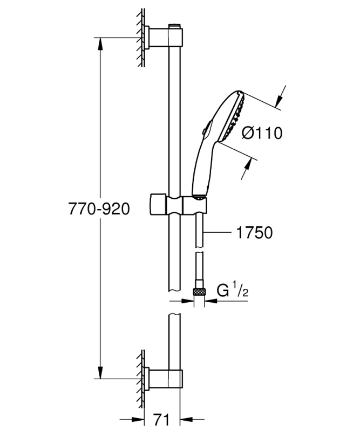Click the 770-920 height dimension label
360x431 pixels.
coord(99,209)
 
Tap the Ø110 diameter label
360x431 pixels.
coord(262,133)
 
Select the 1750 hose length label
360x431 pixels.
coord(254,233)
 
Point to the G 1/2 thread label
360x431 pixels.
coord(233,290)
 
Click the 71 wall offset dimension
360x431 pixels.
coord(161,420)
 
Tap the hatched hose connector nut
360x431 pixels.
coord(199,291)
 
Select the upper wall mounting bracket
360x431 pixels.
coord(164,38)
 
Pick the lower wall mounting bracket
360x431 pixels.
coord(164,379)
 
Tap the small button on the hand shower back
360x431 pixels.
coord(204,132)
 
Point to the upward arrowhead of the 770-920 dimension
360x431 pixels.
coord(100,44)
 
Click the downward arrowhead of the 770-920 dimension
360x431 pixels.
coord(100,373)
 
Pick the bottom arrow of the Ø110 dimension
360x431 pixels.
coord(247,169)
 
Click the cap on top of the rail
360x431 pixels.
coord(175,26)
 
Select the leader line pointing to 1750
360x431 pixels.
coord(218,233)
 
